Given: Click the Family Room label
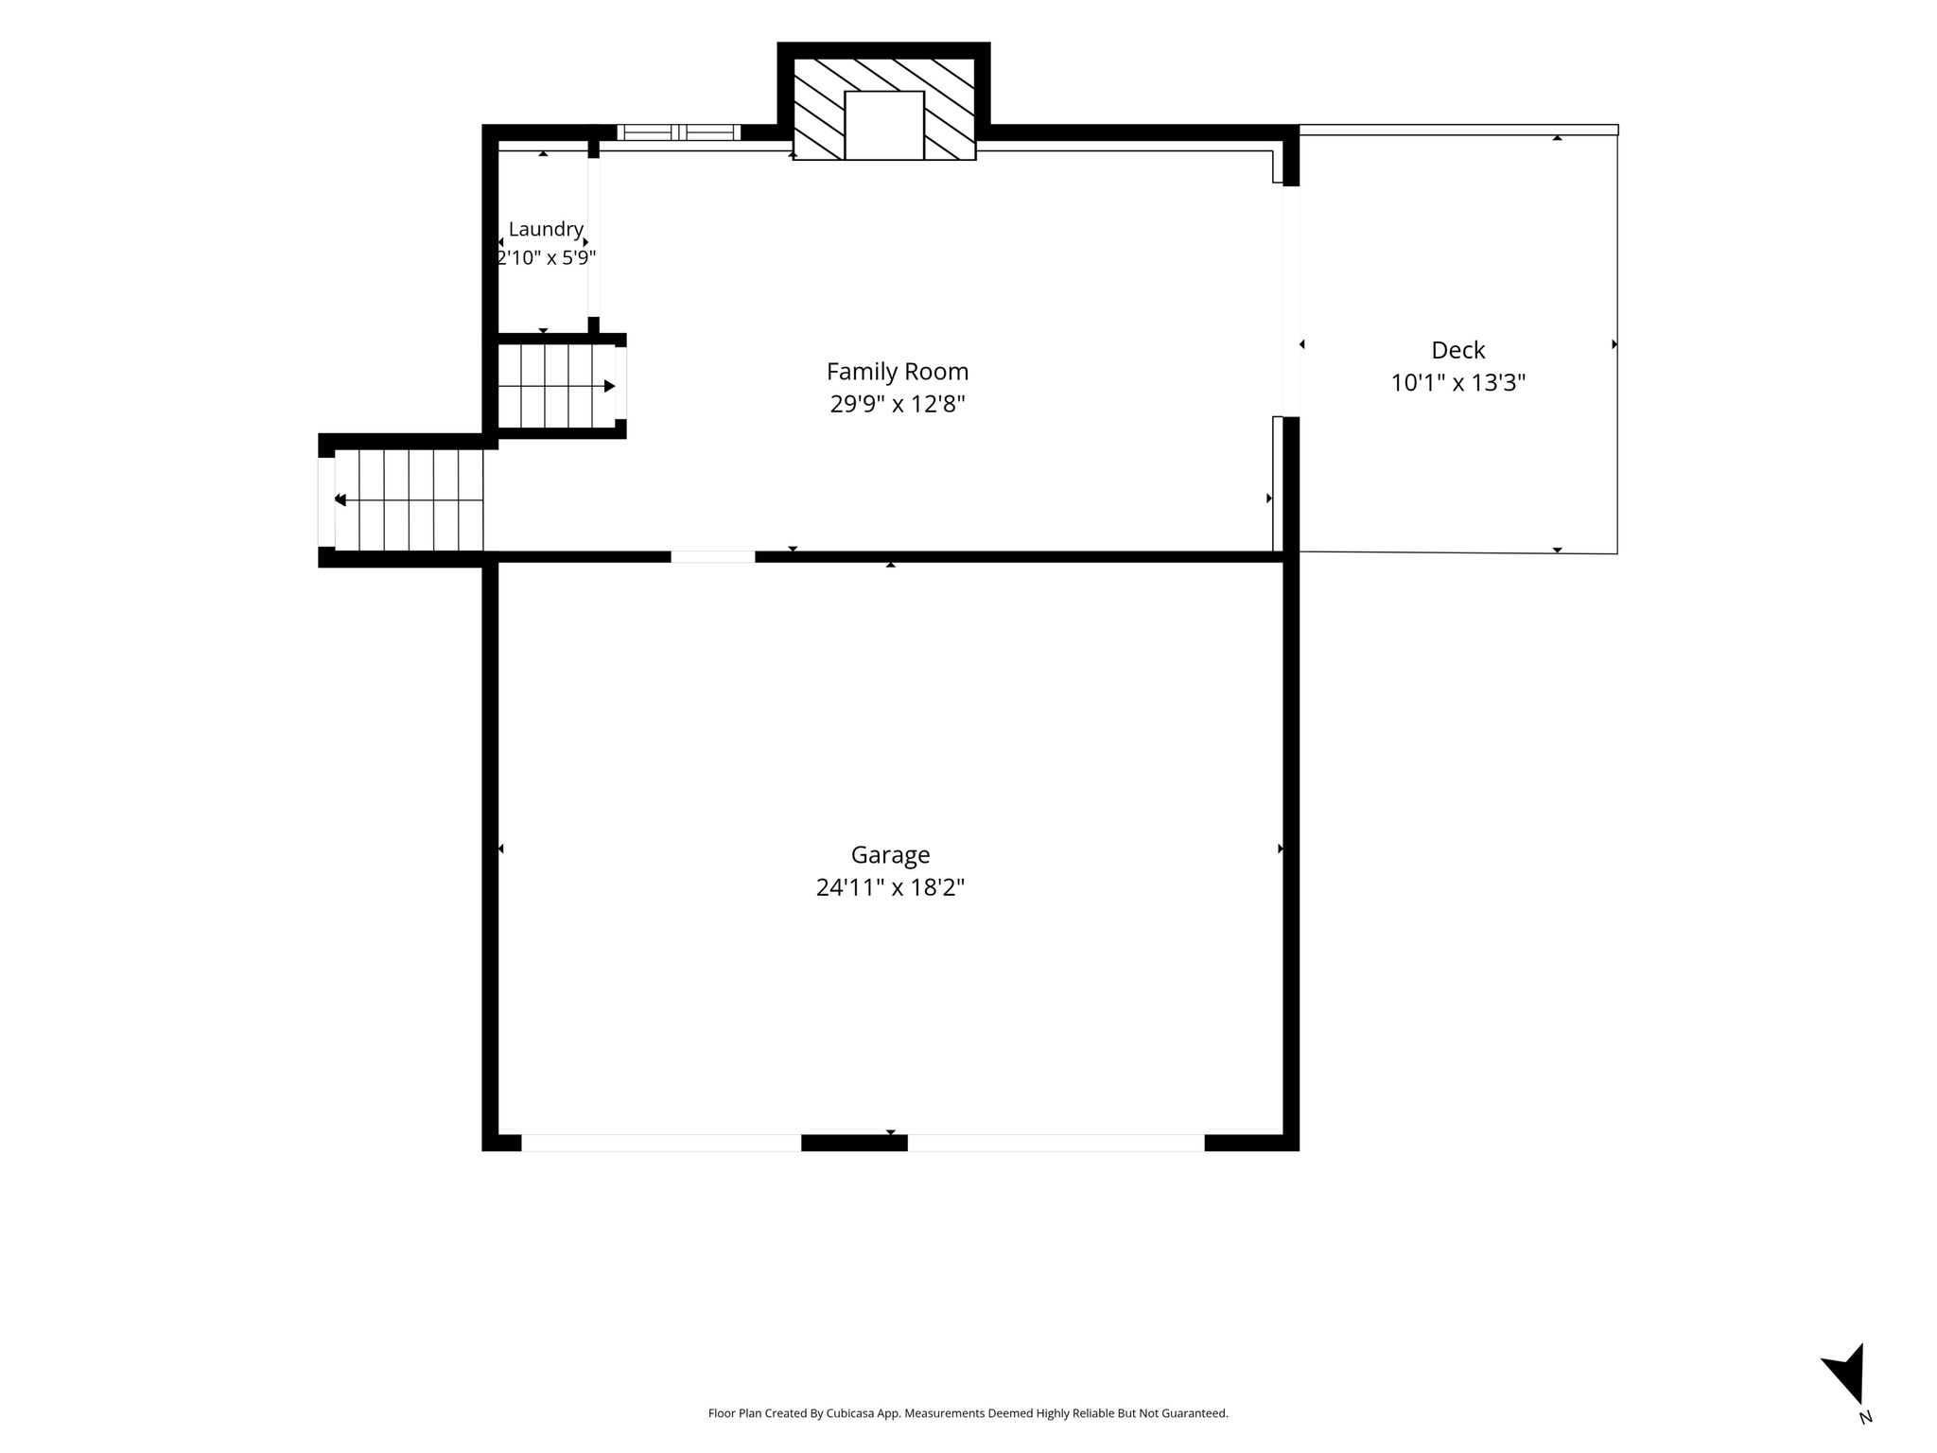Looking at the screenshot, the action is point(898,371).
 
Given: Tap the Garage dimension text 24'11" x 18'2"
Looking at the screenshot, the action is point(890,887).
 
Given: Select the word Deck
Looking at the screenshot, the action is point(1458,350).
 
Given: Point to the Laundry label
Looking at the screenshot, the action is point(546,229).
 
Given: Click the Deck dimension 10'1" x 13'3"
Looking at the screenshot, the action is point(1458,382).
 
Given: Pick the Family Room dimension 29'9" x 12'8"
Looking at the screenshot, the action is point(898,404).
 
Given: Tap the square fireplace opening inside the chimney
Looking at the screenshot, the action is point(884,125).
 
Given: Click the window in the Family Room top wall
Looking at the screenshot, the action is point(678,132).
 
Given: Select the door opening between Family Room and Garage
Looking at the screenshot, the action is point(713,557).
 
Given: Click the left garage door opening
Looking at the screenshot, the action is point(661,1143).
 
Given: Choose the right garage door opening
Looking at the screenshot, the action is point(1056,1143).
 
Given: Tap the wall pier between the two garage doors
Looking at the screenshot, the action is point(854,1143).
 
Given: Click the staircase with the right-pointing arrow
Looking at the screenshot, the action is point(557,386).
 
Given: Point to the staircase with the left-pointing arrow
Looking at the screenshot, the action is point(409,499).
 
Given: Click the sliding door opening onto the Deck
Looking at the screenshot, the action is point(1291,301).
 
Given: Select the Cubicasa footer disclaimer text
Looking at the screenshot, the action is point(968,1413).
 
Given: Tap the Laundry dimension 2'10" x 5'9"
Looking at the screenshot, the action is point(546,257).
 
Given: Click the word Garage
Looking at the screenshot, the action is point(890,855).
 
